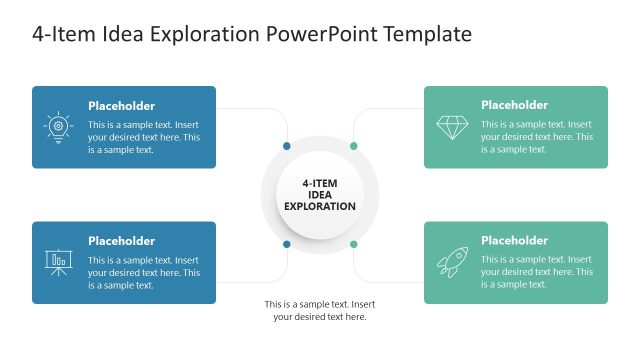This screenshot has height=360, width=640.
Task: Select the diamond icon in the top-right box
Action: click(x=452, y=127)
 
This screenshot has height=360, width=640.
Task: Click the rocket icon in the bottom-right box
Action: click(x=452, y=262)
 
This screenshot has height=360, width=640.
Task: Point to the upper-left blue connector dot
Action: click(x=287, y=146)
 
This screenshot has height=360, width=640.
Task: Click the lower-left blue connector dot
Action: click(x=287, y=244)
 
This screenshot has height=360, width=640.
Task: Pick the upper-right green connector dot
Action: click(x=353, y=146)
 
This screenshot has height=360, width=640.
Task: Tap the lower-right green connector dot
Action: click(x=353, y=244)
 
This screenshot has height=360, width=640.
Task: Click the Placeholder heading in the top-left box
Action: click(x=121, y=105)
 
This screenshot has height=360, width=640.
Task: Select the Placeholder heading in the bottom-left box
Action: click(x=121, y=240)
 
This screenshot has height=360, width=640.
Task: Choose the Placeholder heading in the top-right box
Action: click(x=514, y=105)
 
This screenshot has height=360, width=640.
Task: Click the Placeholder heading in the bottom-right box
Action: click(x=514, y=240)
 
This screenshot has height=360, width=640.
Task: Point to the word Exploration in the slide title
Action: click(x=207, y=35)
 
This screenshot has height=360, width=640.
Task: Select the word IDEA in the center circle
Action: click(x=320, y=195)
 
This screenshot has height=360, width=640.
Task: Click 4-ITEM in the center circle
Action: click(x=320, y=183)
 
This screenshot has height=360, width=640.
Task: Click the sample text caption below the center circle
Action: click(x=320, y=310)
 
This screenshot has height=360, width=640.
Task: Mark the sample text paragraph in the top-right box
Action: click(x=537, y=137)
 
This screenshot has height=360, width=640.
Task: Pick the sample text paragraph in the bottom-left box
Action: click(x=144, y=272)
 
